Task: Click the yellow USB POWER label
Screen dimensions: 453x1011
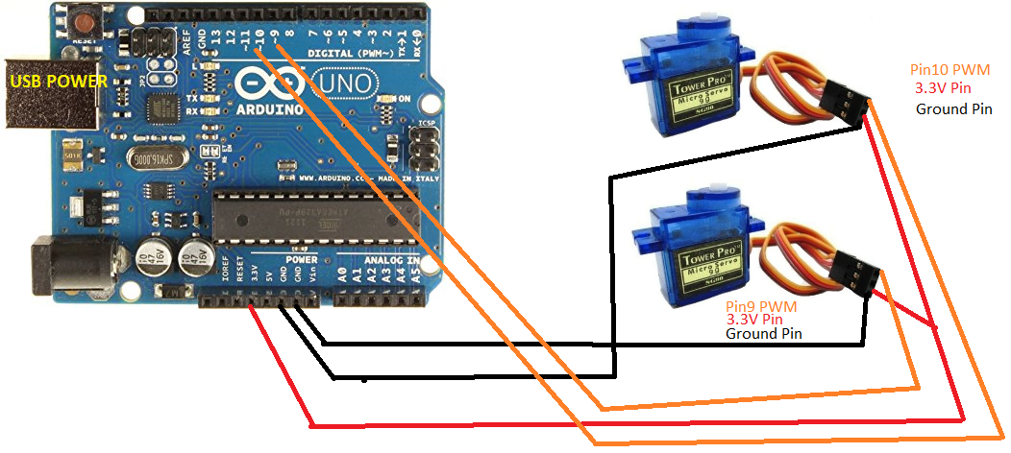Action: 59,82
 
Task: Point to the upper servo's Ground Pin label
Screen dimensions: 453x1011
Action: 953,108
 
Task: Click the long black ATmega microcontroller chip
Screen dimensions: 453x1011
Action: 317,213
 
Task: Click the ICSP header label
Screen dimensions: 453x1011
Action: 428,125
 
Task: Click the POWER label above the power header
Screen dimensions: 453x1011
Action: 300,260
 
